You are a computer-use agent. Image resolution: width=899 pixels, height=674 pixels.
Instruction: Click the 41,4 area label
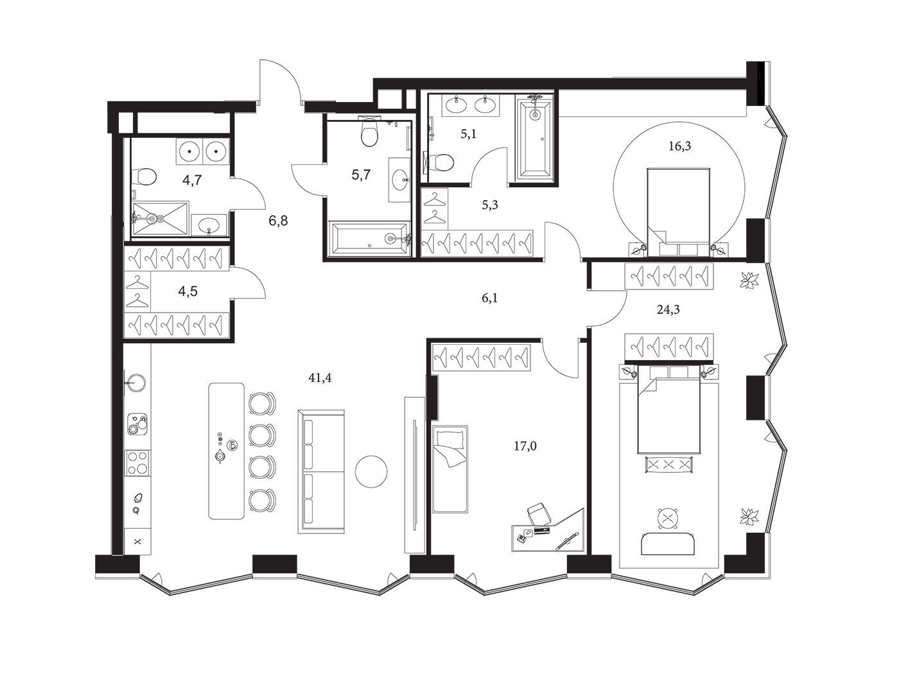coord(320,378)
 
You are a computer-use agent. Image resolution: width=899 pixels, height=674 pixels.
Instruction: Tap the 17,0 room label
coord(525,446)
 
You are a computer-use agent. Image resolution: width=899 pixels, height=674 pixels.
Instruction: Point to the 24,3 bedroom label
coord(668,310)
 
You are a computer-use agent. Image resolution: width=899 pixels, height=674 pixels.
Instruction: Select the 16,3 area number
coord(679,146)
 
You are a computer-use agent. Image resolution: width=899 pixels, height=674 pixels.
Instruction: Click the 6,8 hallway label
coord(278,221)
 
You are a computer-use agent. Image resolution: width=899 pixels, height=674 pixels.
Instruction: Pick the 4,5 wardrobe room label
coord(188,291)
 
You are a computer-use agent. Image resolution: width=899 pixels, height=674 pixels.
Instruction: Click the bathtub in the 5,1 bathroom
coord(535,138)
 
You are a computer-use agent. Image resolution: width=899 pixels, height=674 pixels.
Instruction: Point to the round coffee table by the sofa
coord(371,471)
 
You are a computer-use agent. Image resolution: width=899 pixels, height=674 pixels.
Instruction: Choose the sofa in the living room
coord(320,471)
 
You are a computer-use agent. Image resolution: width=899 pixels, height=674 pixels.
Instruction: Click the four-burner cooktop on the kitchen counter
coord(137,463)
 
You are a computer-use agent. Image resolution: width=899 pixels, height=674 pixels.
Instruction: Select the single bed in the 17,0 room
coord(450,469)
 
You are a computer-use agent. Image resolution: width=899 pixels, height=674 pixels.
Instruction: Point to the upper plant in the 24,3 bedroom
coord(749,281)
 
